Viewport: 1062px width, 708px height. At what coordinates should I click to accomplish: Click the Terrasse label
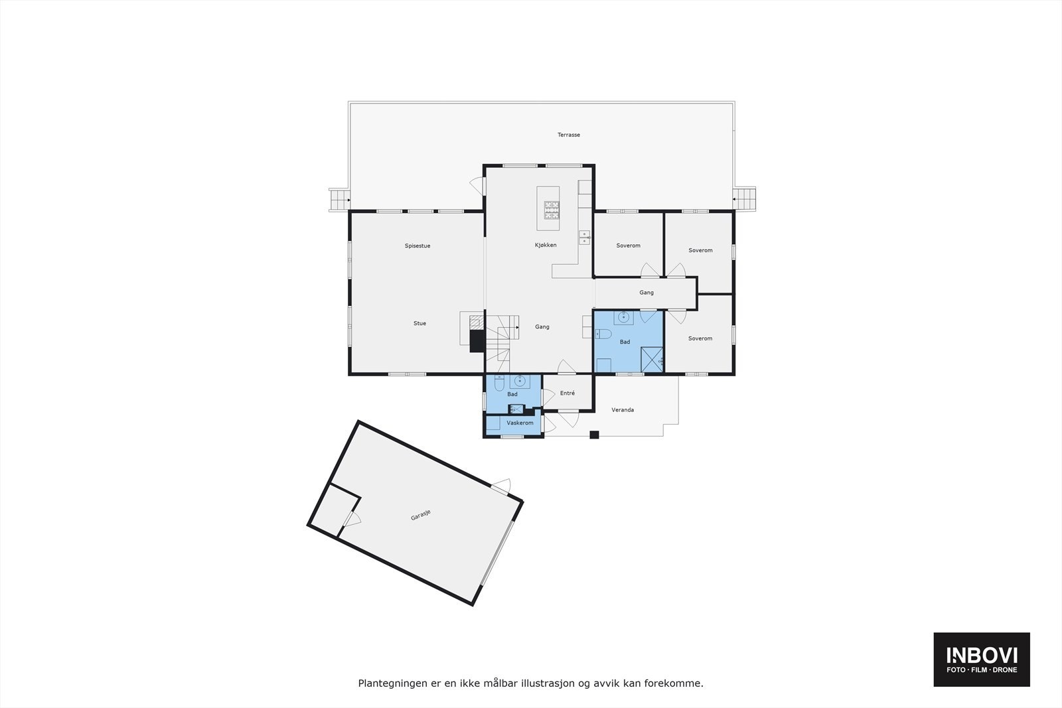pos(568,135)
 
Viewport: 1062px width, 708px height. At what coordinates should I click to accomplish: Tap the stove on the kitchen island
pos(552,210)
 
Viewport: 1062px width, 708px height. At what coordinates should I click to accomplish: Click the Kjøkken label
pos(546,246)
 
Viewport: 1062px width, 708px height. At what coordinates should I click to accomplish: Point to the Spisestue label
pos(417,246)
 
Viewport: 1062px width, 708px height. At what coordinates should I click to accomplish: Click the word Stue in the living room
pos(419,324)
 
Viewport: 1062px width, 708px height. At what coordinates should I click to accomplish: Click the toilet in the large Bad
pos(602,334)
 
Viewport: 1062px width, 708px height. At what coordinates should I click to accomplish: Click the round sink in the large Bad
pos(623,318)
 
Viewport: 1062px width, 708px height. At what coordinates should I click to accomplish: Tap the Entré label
pos(567,393)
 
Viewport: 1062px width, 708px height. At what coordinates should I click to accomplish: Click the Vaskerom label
pos(520,423)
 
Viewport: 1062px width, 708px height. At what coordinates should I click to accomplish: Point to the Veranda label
pos(623,410)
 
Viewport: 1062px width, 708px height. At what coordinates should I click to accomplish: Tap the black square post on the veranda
pos(595,435)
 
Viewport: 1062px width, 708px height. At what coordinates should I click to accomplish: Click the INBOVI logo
pos(982,659)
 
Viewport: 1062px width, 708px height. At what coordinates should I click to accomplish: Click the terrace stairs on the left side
pos(339,199)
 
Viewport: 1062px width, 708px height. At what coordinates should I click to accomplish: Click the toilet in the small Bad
pos(499,383)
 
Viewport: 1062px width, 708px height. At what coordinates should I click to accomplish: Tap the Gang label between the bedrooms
pos(646,293)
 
